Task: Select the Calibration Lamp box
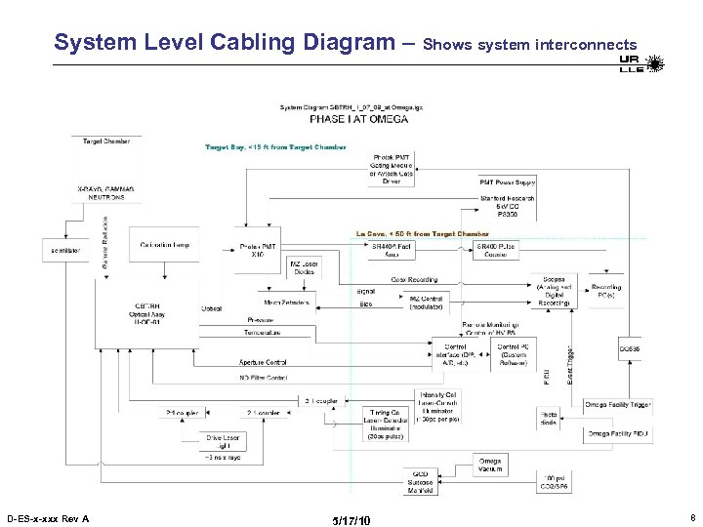165,245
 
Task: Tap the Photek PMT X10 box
257,251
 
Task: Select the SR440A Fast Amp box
393,251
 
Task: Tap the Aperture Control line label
264,362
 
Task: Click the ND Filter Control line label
264,377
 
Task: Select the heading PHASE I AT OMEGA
358,119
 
